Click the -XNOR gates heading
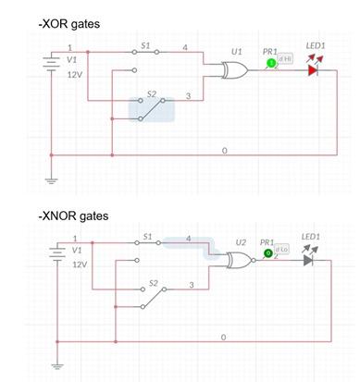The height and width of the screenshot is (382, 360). tap(73, 216)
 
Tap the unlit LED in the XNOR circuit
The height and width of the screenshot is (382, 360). tap(309, 261)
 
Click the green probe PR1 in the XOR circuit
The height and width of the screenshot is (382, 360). tap(271, 63)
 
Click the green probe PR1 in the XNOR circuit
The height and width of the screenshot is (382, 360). tap(268, 252)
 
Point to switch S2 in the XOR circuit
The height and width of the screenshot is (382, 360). tap(151, 108)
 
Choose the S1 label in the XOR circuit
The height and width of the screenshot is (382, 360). tap(145, 43)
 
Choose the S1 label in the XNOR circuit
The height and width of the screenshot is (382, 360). tap(147, 237)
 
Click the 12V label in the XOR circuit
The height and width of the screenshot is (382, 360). tap(77, 74)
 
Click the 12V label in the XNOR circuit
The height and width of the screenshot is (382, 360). tap(79, 265)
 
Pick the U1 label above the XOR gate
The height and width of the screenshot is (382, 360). tap(236, 52)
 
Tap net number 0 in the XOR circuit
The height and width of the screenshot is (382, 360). tap(224, 149)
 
